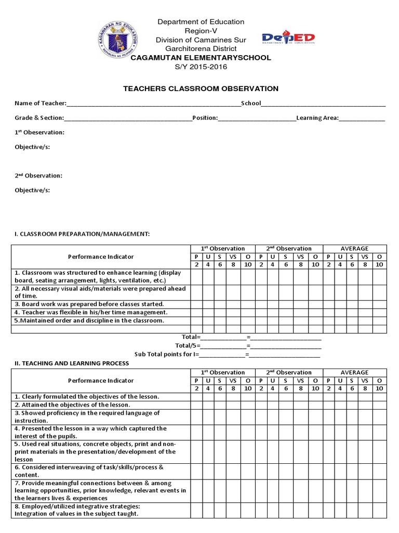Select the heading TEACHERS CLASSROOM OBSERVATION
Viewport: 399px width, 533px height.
point(201,89)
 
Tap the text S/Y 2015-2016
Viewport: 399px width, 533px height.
point(201,67)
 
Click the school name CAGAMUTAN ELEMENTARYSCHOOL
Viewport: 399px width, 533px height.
point(201,58)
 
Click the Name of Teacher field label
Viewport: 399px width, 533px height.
point(41,103)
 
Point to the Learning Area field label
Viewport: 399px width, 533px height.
point(317,118)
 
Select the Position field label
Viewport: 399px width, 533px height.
point(205,118)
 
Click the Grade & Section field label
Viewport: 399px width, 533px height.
point(39,118)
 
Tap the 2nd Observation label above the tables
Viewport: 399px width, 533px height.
point(38,176)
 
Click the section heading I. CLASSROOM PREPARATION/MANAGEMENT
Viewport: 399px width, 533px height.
point(82,234)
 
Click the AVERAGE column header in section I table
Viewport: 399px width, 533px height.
point(354,249)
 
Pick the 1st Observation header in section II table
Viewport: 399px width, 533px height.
point(222,373)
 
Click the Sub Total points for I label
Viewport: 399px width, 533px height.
point(167,354)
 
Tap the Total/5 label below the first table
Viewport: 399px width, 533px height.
point(187,346)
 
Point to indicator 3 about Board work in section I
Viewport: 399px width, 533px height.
point(89,304)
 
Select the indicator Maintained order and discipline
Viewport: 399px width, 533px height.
point(89,321)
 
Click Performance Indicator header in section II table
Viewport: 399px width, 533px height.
point(101,380)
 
